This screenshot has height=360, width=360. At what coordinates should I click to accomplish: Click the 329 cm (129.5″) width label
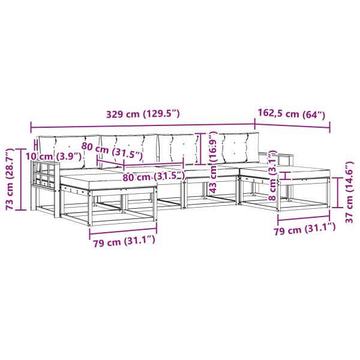point(143,114)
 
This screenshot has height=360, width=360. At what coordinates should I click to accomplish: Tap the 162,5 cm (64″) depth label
point(292,113)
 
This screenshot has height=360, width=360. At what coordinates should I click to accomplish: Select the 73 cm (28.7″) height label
point(10,179)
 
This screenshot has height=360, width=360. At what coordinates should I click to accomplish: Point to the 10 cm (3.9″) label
point(53,157)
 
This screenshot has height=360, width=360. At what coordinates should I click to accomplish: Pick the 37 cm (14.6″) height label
point(349,193)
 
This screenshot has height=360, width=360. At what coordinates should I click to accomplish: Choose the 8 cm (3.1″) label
point(272,175)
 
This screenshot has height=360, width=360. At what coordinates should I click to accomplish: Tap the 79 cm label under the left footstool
point(124,241)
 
